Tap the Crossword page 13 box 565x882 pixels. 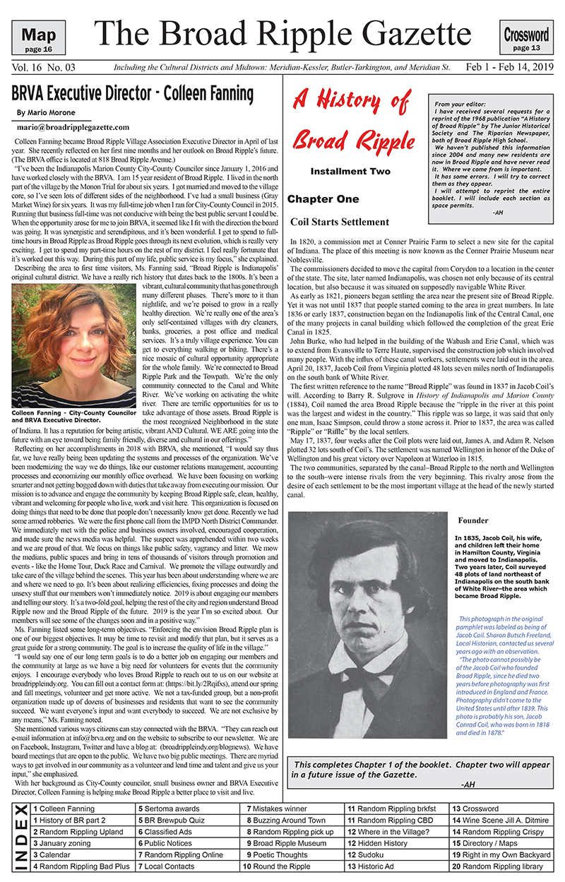526,38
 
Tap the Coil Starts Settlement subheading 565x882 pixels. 339,222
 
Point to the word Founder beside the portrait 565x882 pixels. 472,521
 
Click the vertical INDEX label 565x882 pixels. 21,837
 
